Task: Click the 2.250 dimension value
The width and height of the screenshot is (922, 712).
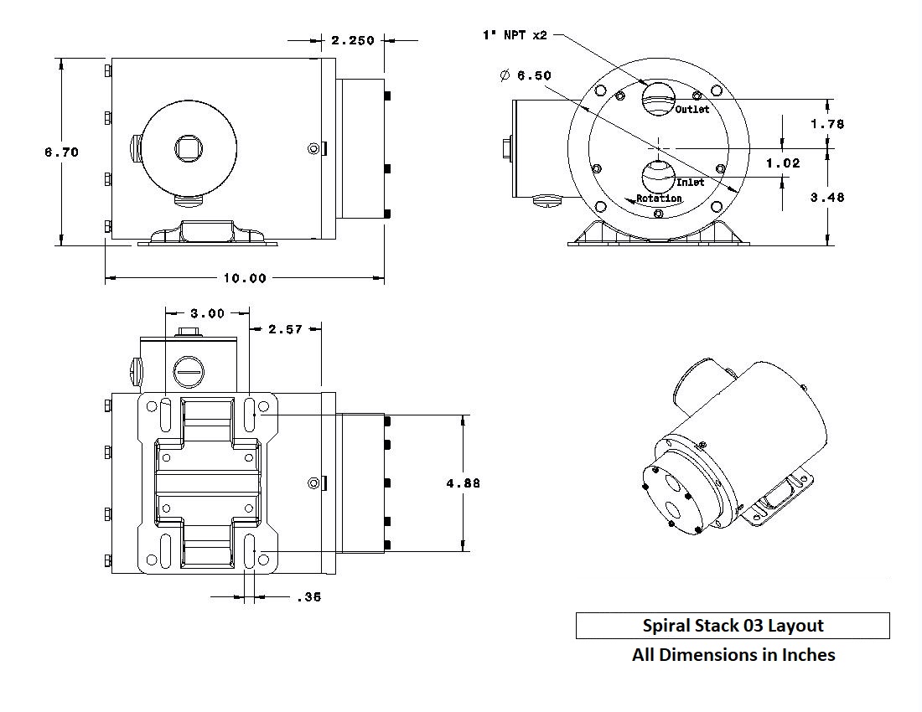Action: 352,40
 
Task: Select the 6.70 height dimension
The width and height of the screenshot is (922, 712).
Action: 62,152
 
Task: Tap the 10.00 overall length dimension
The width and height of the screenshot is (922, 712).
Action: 245,278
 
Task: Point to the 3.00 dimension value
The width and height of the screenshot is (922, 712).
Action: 207,313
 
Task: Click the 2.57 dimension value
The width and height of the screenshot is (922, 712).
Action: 285,329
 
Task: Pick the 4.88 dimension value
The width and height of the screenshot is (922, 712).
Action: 464,483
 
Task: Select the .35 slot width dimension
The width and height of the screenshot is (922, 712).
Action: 308,597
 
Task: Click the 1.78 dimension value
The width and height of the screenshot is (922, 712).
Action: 828,124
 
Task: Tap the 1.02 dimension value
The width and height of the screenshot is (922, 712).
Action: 783,163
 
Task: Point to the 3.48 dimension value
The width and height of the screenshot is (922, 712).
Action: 828,198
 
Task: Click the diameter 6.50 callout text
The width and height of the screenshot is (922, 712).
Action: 526,75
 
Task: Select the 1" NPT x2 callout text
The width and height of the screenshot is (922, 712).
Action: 514,35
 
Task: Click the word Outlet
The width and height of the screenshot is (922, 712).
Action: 692,110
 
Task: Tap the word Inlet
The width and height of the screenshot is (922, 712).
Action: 690,182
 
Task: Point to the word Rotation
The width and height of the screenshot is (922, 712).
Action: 659,199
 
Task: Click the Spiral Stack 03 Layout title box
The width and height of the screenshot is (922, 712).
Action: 733,626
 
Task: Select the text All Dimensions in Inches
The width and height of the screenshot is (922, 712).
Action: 733,655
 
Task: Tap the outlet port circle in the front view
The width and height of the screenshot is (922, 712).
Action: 658,96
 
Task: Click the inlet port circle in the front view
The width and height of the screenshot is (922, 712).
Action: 658,177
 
